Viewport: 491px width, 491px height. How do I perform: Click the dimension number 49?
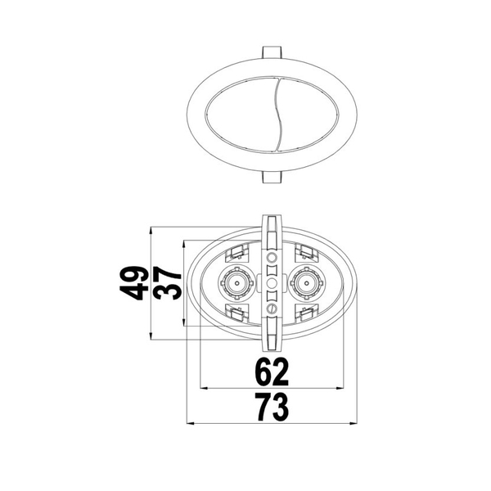134,283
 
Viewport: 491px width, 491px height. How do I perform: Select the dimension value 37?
168,283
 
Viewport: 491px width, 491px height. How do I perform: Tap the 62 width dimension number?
272,372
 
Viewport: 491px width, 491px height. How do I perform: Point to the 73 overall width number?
272,408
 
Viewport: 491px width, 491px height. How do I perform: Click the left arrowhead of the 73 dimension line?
191,424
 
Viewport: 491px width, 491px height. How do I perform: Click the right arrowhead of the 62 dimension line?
340,388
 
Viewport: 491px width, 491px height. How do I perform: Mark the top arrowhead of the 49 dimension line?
151,231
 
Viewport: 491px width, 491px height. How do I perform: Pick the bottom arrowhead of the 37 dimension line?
184,322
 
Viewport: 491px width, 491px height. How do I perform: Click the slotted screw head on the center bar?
272,309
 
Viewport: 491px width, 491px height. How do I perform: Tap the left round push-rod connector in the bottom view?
237,283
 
